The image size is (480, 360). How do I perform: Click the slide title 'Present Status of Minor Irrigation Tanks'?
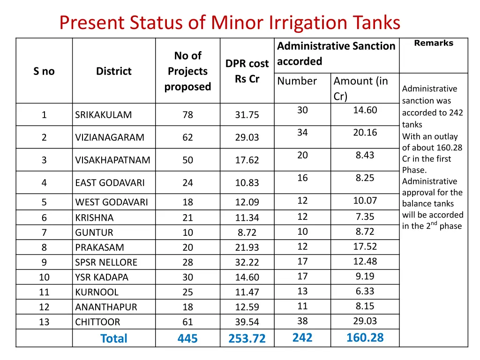(230, 22)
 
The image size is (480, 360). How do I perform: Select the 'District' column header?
(113, 71)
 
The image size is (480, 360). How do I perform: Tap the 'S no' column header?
(44, 71)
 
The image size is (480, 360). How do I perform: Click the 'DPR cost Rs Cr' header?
(247, 71)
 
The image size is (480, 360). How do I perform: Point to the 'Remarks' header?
(434, 43)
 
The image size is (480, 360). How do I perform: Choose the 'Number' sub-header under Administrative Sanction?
(297, 81)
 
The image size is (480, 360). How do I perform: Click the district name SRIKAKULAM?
(103, 115)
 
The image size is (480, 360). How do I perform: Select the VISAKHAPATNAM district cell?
(112, 160)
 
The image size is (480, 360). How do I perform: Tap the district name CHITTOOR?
(97, 322)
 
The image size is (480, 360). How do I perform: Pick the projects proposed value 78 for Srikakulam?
(187, 115)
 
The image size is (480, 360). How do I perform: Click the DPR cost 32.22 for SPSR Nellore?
(247, 262)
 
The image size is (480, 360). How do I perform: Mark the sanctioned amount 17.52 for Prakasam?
(365, 247)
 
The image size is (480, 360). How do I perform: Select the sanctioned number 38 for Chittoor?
(302, 321)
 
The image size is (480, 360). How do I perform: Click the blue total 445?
(187, 338)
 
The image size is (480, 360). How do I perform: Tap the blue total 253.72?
(247, 338)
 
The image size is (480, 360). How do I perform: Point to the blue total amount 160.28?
(365, 337)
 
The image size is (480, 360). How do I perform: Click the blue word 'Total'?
(113, 338)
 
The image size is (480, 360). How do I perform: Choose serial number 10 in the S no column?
(44, 277)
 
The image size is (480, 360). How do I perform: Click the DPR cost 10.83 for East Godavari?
(247, 183)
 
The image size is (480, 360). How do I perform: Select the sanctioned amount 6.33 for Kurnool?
(365, 291)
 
